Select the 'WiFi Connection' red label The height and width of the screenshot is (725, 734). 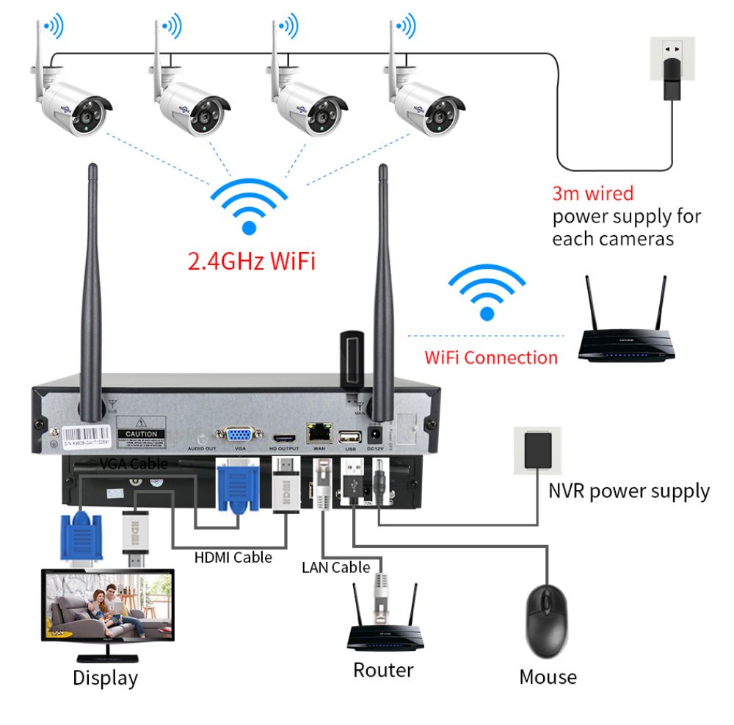click(491, 358)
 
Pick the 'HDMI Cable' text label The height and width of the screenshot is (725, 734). click(233, 558)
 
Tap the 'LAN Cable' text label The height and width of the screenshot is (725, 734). click(335, 567)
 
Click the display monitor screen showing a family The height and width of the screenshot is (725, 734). click(107, 606)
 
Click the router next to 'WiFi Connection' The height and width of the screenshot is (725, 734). click(626, 334)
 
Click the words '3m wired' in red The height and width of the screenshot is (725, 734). click(592, 194)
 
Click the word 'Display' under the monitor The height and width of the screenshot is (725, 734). click(105, 677)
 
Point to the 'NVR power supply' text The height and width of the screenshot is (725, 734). click(629, 491)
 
